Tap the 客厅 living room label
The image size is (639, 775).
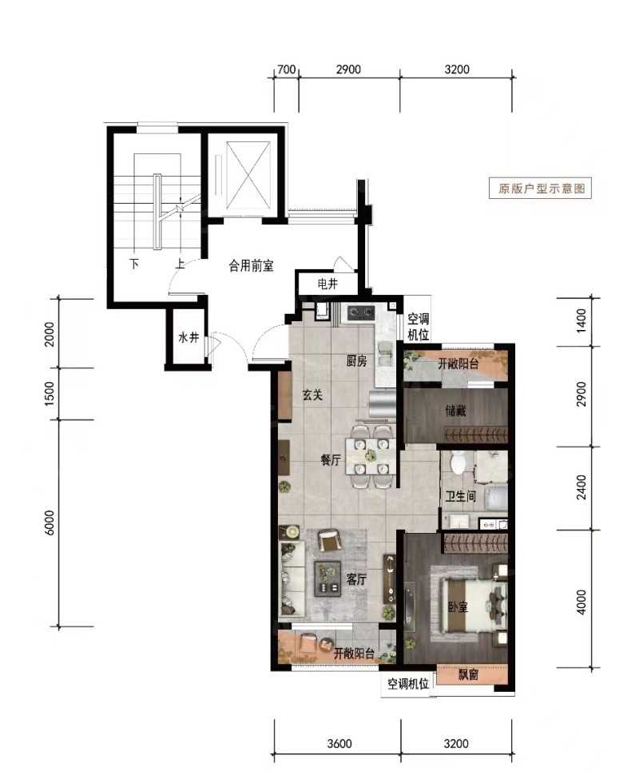pyautogui.click(x=355, y=578)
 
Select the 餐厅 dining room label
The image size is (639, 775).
pyautogui.click(x=331, y=460)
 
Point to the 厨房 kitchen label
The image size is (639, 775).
pyautogui.click(x=356, y=361)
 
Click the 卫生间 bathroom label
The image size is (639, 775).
pyautogui.click(x=460, y=495)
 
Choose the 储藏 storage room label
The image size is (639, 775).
pyautogui.click(x=455, y=410)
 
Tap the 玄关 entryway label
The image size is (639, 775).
pyautogui.click(x=312, y=395)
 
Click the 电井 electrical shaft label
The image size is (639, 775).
pyautogui.click(x=327, y=284)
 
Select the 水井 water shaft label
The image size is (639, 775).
pyautogui.click(x=189, y=338)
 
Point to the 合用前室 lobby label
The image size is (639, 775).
pyautogui.click(x=251, y=266)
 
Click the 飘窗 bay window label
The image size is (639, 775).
pyautogui.click(x=468, y=674)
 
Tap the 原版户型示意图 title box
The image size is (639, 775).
pyautogui.click(x=540, y=189)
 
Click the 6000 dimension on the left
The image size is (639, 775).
pyautogui.click(x=50, y=523)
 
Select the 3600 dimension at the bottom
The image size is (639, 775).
pyautogui.click(x=339, y=743)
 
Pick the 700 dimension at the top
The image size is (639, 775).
pyautogui.click(x=286, y=70)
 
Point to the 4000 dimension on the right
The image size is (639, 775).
pyautogui.click(x=581, y=602)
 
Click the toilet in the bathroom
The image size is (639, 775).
pyautogui.click(x=458, y=462)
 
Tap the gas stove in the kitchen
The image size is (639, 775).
pyautogui.click(x=361, y=312)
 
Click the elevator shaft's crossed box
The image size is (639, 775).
pyautogui.click(x=248, y=176)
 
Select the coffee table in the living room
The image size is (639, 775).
pyautogui.click(x=327, y=578)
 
